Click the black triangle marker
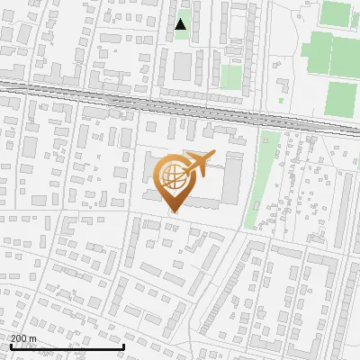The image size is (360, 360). click(x=181, y=24)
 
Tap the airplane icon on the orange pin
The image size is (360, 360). click(x=197, y=163)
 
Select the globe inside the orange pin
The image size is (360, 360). click(x=172, y=175)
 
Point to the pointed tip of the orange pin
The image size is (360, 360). click(x=172, y=211)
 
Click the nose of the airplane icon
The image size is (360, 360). click(x=212, y=157)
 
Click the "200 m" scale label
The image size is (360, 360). click(x=23, y=338)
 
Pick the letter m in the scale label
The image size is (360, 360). click(x=32, y=338)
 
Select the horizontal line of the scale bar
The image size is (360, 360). click(x=67, y=347)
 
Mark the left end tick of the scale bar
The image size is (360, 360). click(x=10, y=346)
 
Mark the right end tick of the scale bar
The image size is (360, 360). click(x=123, y=346)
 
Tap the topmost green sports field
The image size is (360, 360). click(x=336, y=13)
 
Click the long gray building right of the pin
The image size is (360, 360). click(x=232, y=178)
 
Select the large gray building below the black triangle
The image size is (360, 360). click(x=184, y=65)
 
